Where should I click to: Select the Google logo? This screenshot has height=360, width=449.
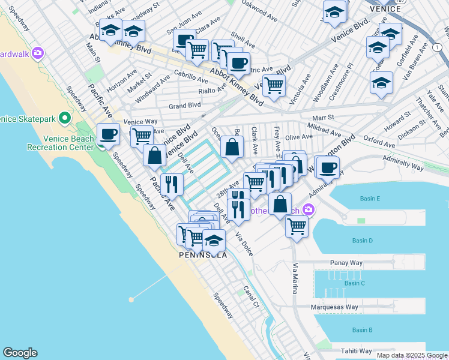(20, 353)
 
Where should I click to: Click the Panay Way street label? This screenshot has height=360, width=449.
(345, 263)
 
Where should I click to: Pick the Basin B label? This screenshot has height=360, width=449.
(363, 330)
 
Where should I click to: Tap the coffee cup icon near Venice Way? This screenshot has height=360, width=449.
(108, 134)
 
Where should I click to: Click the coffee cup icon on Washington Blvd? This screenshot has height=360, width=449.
(327, 169)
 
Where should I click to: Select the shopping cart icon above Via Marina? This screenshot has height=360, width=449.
(297, 227)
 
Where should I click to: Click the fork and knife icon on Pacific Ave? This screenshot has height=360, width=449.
(172, 185)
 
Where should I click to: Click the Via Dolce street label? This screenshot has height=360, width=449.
(244, 244)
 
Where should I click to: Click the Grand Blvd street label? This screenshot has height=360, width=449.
(184, 106)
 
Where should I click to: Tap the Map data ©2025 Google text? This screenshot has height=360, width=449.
(411, 355)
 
